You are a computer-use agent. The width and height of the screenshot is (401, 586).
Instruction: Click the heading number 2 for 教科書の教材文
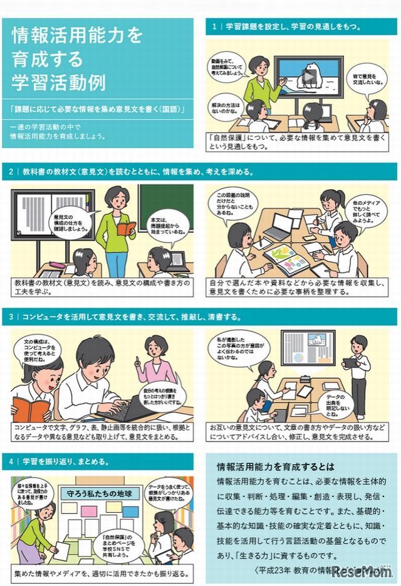click(x=11, y=171)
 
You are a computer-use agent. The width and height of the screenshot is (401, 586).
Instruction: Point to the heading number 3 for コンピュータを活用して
click(x=11, y=317)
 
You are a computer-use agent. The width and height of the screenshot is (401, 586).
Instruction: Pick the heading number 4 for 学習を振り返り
click(x=11, y=462)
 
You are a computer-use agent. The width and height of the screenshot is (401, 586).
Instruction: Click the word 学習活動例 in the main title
click(x=60, y=81)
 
